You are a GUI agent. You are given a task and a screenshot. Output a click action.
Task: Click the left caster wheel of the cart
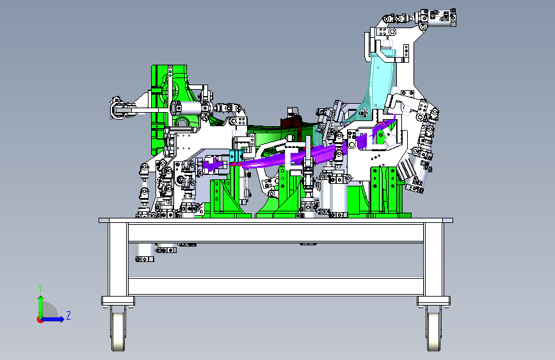118,329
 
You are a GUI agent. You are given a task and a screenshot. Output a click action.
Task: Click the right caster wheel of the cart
433,329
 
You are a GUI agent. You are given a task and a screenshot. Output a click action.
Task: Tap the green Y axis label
40,288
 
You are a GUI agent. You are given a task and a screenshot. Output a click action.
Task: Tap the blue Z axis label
68,315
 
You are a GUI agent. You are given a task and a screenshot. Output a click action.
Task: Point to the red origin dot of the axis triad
40,320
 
